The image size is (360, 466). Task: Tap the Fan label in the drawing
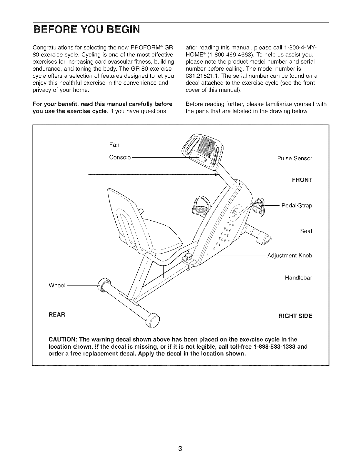point(114,145)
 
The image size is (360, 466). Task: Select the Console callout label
point(120,157)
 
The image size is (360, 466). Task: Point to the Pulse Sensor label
point(294,159)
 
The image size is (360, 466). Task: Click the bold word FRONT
point(302,180)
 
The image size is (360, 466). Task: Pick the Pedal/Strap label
point(297,205)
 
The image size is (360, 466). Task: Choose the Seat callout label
point(306,231)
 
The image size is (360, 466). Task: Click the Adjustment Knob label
point(289,255)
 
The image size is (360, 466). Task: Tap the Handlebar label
point(298,277)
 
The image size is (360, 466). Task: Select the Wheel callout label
point(57,285)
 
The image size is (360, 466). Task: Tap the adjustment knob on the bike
point(188,257)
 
